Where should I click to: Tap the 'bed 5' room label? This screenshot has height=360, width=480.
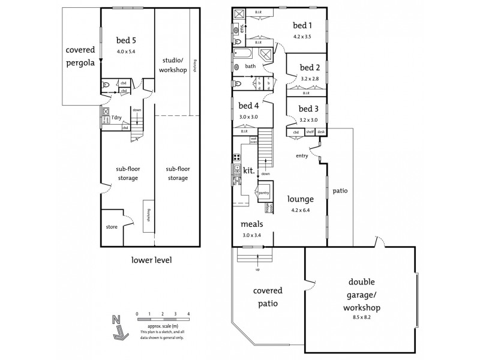127,40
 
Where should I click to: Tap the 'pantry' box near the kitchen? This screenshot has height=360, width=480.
263,192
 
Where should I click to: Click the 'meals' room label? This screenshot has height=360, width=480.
251,224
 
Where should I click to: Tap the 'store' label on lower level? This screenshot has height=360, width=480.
112,227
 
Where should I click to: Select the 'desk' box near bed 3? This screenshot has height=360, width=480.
321,131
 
